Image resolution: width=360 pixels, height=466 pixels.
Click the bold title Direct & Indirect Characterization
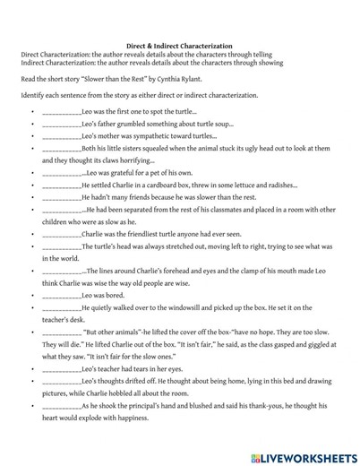click(x=179, y=45)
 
